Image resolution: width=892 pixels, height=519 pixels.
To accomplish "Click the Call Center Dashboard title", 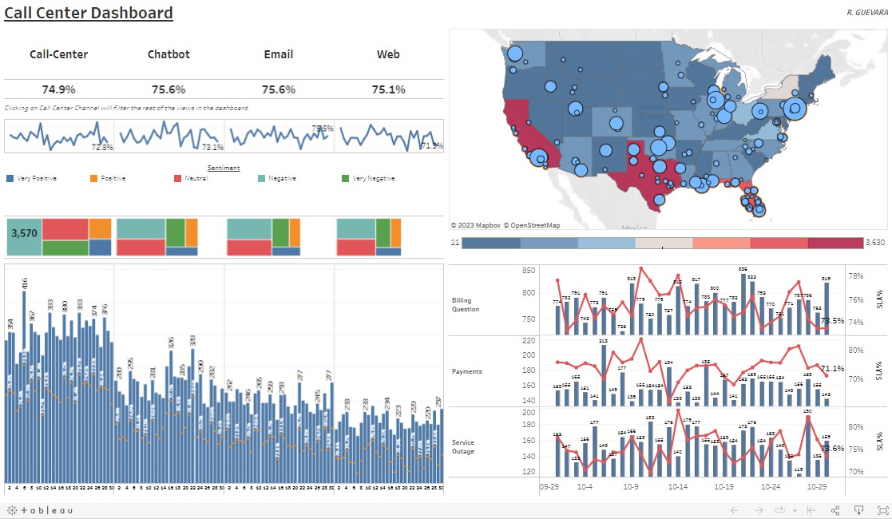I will coord(89,13).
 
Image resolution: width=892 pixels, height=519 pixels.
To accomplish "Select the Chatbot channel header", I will coord(167,54).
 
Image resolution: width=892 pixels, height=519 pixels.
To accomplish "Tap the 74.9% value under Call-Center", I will coord(58,89).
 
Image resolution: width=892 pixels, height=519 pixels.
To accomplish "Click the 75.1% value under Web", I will coord(388,89).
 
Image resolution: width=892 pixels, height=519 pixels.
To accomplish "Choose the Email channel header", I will coord(278,54).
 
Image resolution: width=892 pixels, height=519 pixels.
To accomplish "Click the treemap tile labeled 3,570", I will coord(23,234).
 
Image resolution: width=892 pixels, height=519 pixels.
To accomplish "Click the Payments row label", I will coord(467,371).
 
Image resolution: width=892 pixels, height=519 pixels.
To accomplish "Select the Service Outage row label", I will coord(463,446).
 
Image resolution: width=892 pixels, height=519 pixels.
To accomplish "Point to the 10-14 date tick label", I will coord(678,485).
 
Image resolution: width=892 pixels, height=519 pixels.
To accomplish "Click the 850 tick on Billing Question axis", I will coord(527,271).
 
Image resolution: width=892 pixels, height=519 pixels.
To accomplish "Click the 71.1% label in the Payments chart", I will coord(832,368).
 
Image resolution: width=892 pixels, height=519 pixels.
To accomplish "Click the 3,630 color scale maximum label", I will coord(876,242).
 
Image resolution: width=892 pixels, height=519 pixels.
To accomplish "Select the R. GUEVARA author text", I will coord(866,13).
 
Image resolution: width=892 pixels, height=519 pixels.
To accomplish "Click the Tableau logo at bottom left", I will coord(40,510).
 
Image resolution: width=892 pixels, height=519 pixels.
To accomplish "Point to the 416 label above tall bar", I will coord(25,283).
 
